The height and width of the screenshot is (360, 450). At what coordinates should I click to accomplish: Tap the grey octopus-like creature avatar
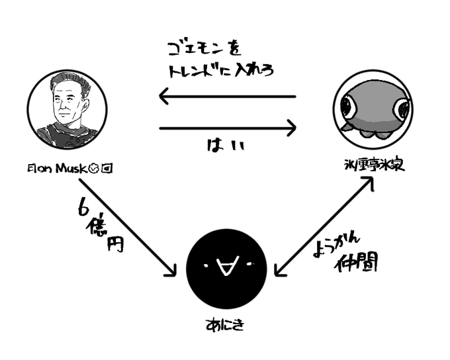point(373,109)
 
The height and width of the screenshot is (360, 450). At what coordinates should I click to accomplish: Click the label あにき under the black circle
point(226,325)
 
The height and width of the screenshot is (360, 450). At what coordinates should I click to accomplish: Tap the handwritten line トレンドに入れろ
point(218,69)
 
